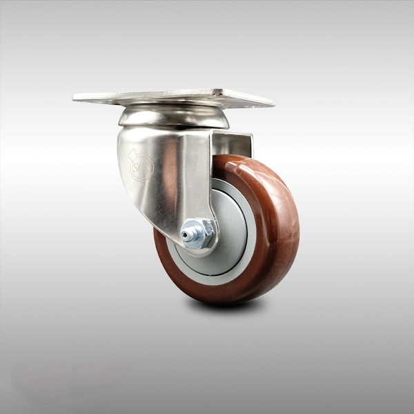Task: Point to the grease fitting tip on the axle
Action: point(185,235)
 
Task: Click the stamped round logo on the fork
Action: point(141,166)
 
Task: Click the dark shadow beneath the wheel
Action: point(228,304)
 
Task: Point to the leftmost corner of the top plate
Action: point(74,99)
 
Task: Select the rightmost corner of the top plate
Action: point(275,104)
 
